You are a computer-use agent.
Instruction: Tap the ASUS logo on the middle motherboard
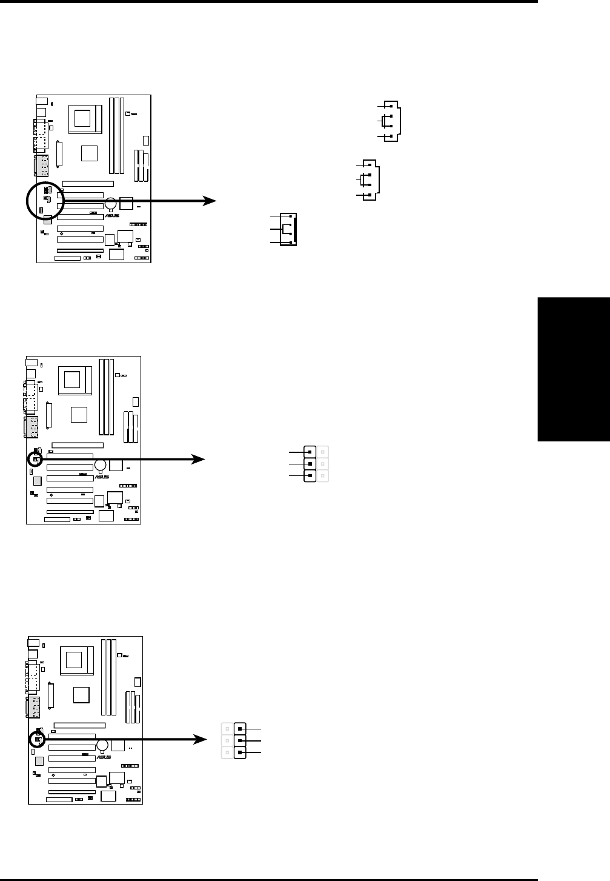(x=102, y=477)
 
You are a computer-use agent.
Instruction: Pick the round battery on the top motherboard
(x=110, y=203)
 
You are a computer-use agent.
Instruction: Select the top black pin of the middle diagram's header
(x=310, y=452)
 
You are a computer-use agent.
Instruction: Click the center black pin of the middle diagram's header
(x=310, y=464)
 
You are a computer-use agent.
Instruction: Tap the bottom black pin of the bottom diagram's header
(x=240, y=752)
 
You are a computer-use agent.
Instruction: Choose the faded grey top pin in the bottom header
(x=227, y=728)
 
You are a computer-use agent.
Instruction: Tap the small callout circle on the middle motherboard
(x=35, y=460)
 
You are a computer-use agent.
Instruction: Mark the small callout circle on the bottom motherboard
(x=38, y=739)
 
